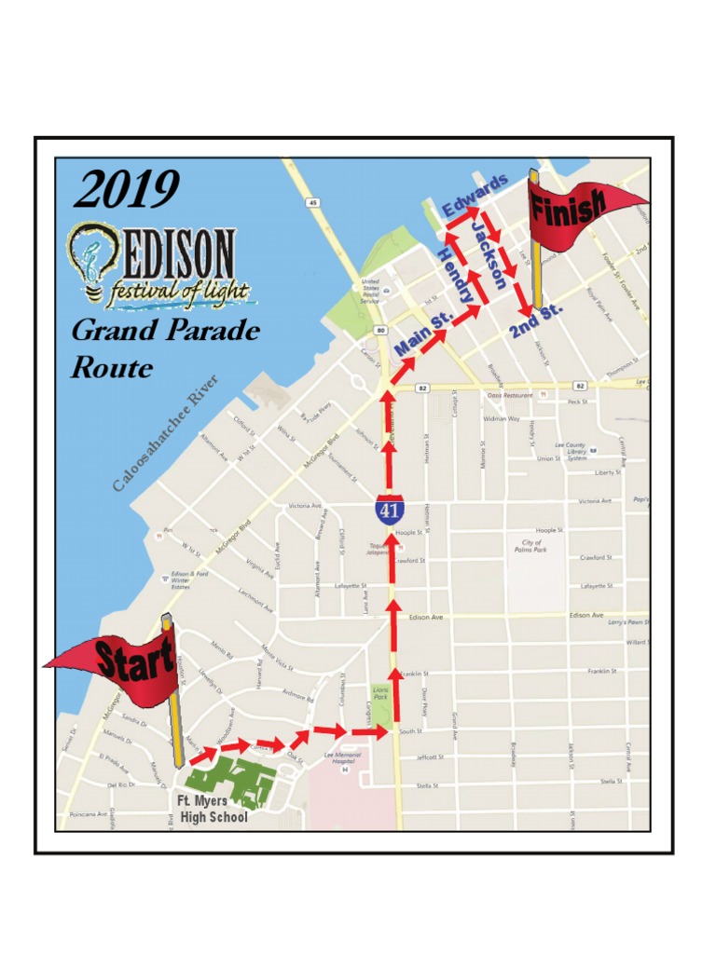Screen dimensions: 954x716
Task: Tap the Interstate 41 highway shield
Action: pos(390,509)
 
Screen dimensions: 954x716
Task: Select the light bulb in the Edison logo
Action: pos(91,258)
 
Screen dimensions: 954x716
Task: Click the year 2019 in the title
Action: pos(126,191)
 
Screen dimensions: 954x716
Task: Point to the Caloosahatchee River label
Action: pos(165,433)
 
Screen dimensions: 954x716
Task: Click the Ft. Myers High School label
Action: pos(213,810)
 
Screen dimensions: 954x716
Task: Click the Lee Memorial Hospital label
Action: pos(341,758)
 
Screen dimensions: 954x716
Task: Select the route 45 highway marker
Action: pos(313,202)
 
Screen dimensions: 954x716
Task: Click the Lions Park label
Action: pos(380,693)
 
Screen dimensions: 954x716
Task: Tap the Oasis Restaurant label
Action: pos(508,395)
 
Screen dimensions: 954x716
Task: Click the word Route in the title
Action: pos(112,368)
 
